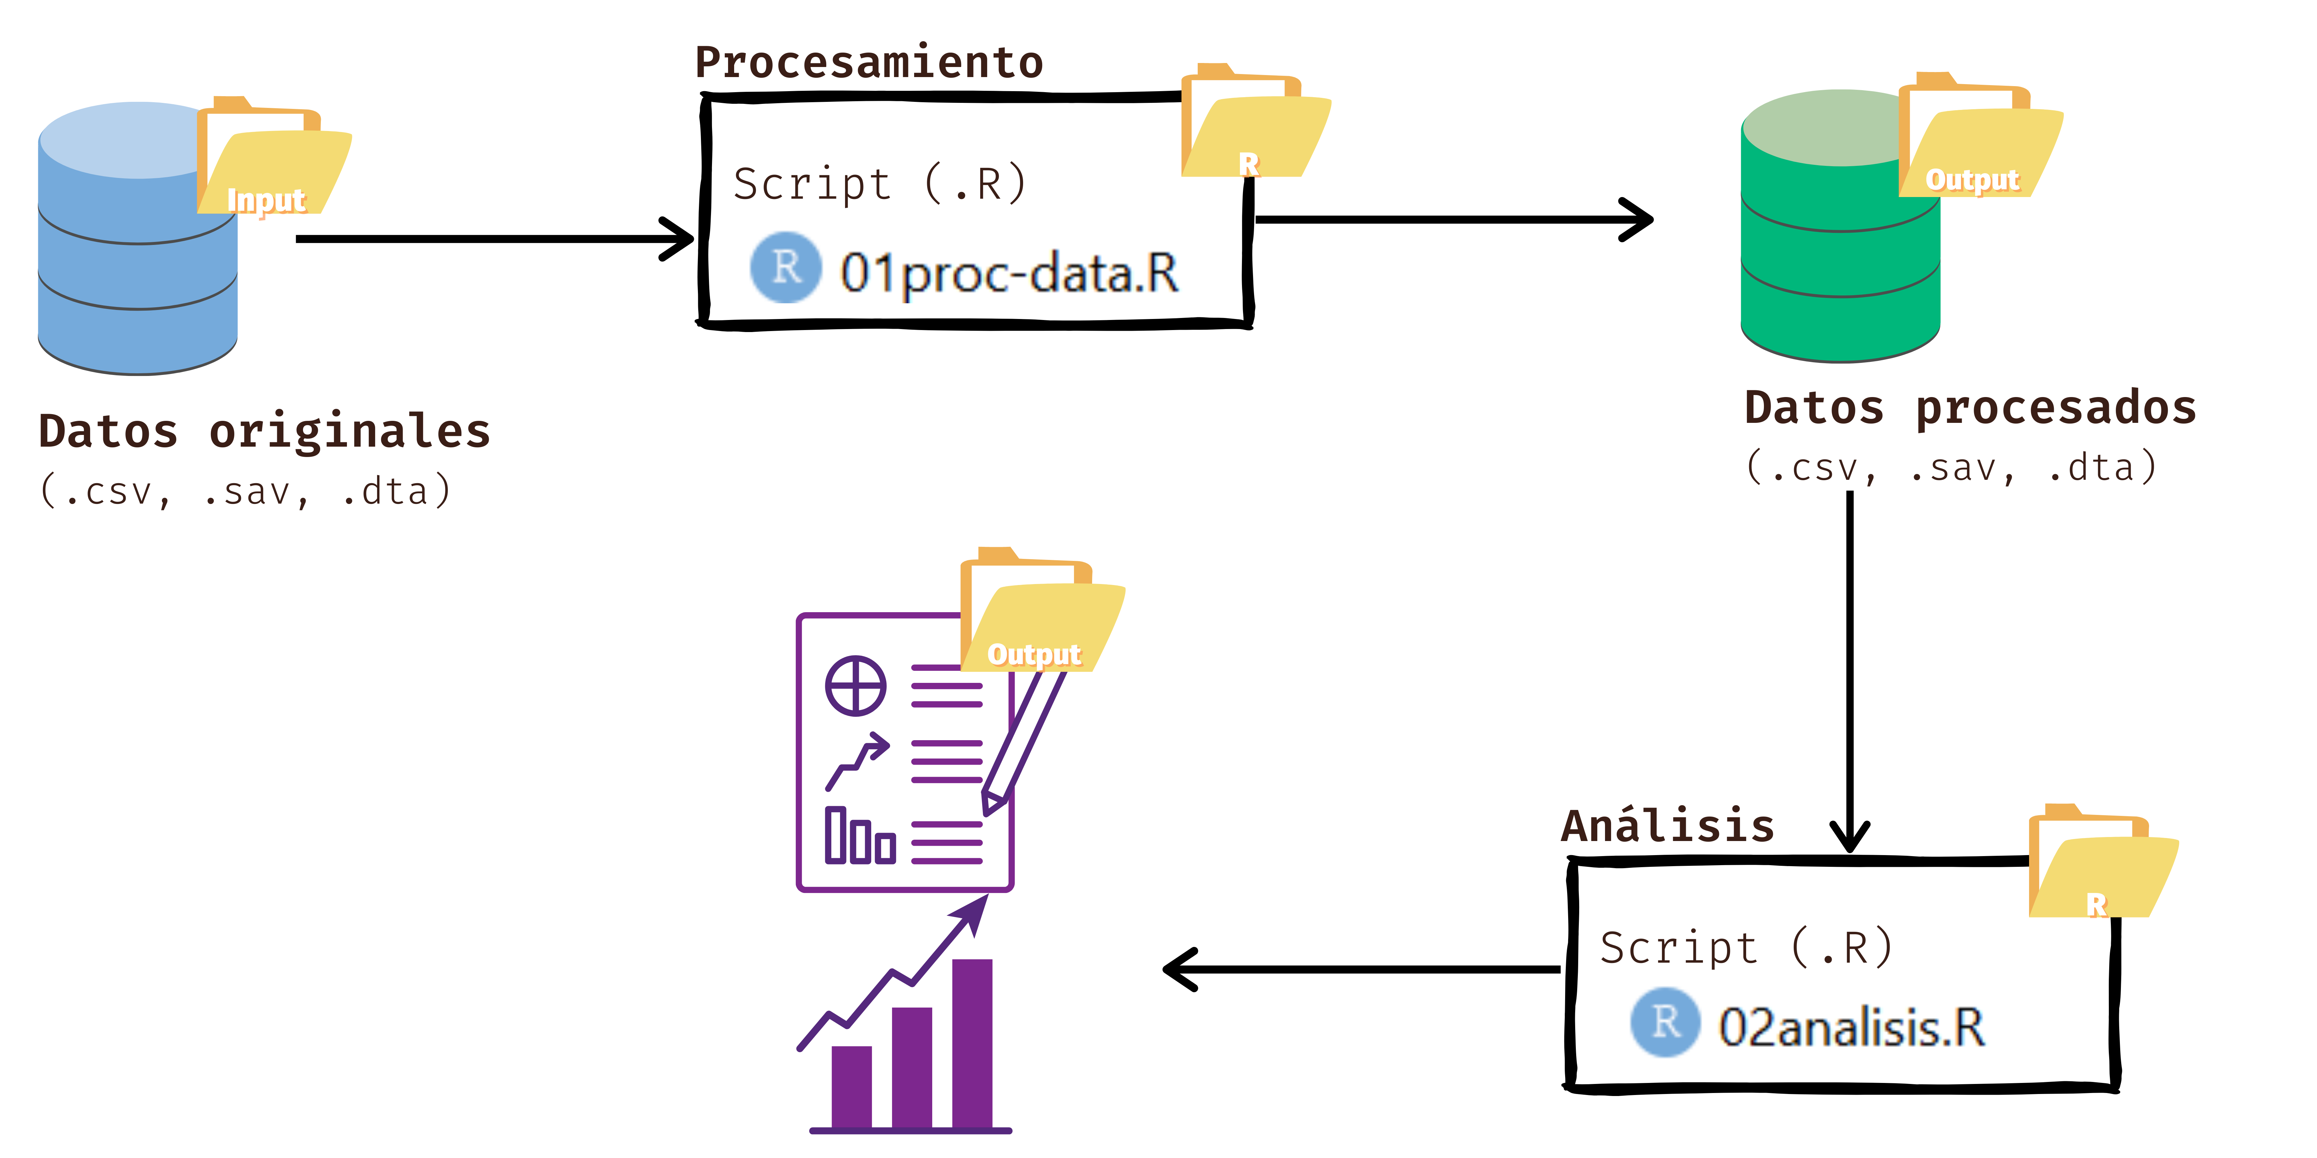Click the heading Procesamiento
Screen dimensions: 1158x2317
[869, 63]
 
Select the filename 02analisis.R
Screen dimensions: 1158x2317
[1851, 1027]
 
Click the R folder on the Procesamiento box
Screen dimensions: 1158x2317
[1255, 126]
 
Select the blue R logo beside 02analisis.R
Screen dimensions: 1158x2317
[1665, 1022]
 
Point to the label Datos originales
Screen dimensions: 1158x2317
[264, 432]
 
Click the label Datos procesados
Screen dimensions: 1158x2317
[1970, 408]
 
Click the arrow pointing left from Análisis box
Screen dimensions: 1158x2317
[1358, 969]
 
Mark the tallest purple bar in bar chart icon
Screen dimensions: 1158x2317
[971, 1043]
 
